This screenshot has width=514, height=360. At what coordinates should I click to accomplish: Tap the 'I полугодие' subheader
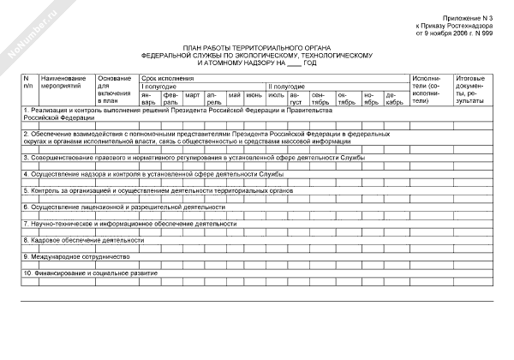[x=159, y=86]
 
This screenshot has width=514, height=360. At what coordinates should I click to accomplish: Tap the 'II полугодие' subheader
[x=285, y=86]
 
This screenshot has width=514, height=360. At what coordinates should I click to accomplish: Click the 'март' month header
[x=193, y=93]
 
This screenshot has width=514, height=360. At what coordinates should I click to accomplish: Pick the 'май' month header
[x=234, y=93]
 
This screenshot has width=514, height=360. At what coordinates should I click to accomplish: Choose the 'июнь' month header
[x=254, y=93]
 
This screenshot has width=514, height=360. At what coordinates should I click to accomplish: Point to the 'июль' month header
[x=276, y=93]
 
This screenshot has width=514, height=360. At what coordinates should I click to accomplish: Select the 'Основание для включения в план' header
[x=112, y=90]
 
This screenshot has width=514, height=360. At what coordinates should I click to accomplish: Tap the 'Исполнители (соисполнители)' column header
[x=427, y=90]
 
